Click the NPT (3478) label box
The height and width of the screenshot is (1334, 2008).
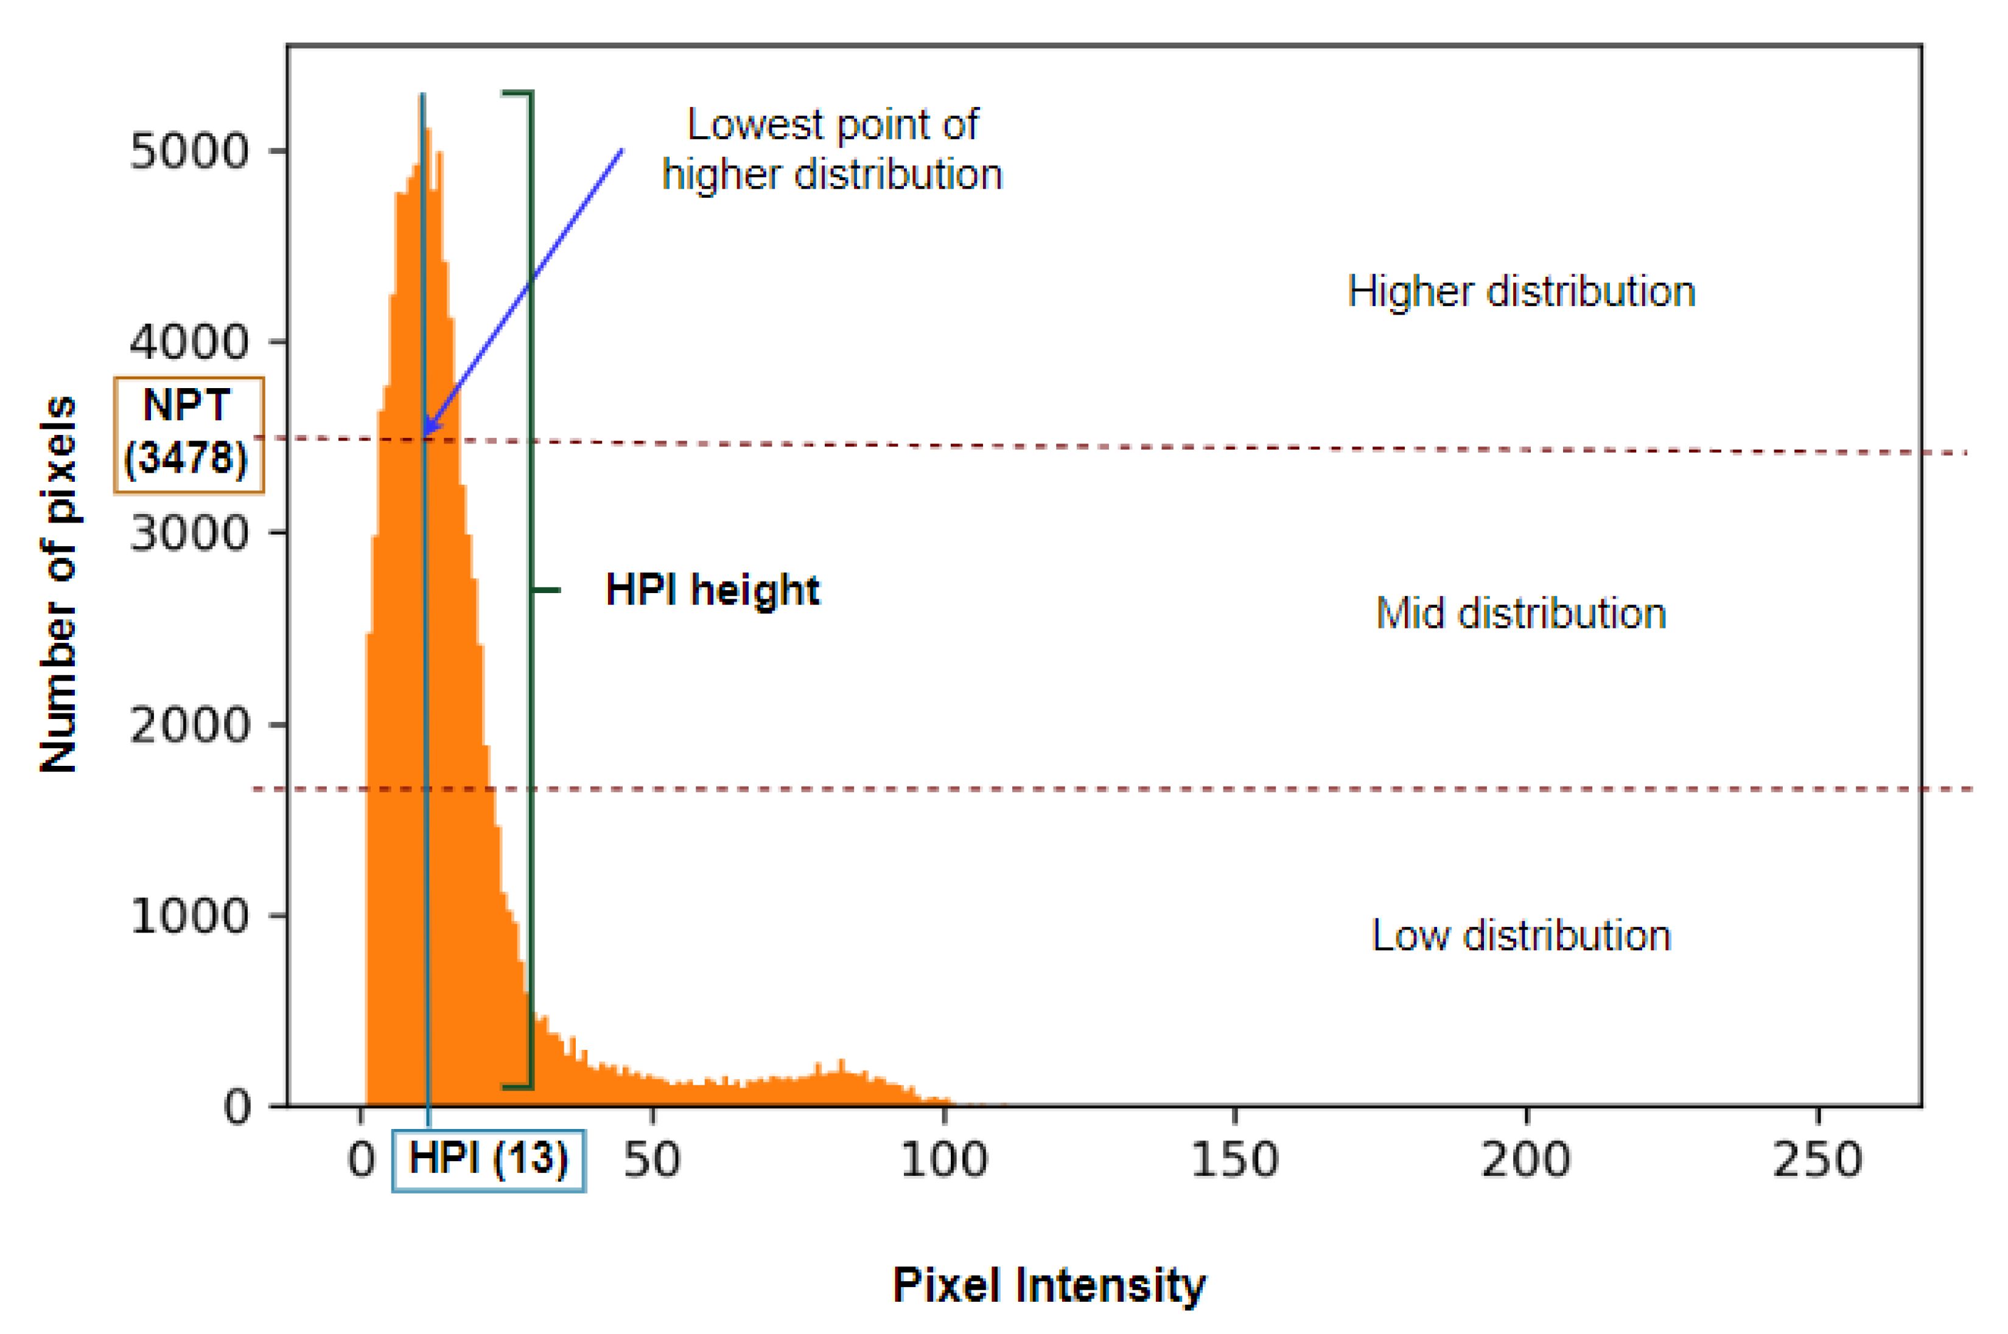(188, 435)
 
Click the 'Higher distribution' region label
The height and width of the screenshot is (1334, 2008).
(1520, 292)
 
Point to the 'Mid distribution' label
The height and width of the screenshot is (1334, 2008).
(1520, 613)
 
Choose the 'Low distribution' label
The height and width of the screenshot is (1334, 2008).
(1520, 936)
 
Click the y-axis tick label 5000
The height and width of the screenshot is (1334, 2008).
(188, 152)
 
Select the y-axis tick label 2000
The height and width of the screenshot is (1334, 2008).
(188, 726)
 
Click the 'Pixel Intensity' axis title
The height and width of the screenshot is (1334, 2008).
(1048, 1285)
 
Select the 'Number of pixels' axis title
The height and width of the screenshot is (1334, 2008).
(58, 585)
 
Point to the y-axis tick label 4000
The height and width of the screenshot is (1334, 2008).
(188, 343)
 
